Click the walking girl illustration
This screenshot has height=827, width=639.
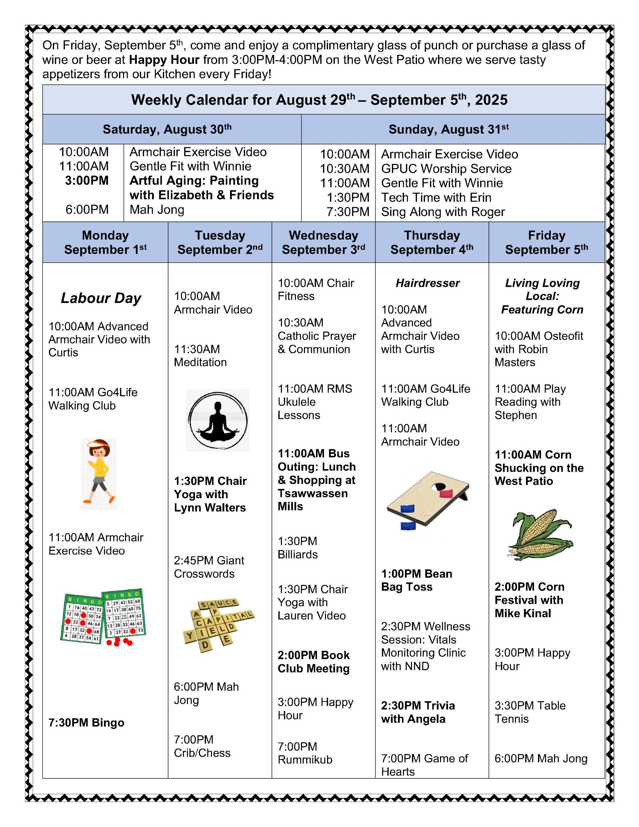99,473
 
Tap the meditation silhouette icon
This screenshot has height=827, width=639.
218,420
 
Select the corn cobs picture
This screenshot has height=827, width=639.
540,535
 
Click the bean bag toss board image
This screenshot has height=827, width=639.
428,500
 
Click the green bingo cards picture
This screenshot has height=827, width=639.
103,617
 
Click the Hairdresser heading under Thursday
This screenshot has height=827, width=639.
428,283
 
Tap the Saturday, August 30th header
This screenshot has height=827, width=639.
167,130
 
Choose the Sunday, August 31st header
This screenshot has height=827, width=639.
448,130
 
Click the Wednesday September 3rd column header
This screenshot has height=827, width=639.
323,242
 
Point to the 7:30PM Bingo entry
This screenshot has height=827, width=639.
86,722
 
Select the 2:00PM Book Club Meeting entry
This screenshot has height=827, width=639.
314,662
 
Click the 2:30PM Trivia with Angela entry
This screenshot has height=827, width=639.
418,712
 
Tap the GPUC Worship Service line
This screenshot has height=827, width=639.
446,169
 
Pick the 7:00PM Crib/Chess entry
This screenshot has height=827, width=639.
202,746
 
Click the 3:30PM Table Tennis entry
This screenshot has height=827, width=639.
530,712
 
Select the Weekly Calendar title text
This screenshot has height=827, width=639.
319,100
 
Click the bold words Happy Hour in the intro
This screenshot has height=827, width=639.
164,60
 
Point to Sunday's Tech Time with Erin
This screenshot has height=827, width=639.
436,197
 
